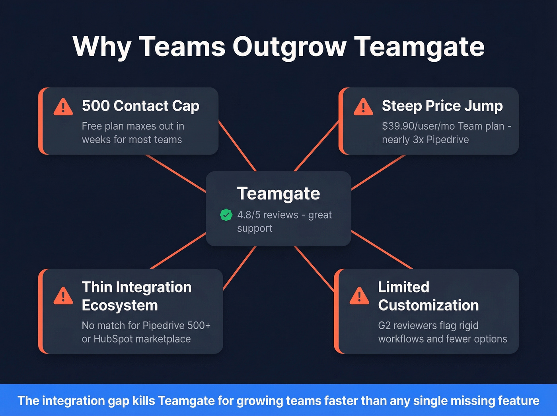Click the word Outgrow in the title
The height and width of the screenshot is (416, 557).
tap(289, 47)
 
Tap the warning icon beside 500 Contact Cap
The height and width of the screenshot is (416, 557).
tap(63, 107)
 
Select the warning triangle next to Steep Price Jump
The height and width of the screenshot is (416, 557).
tap(363, 107)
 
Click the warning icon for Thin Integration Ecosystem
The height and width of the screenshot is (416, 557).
tap(63, 296)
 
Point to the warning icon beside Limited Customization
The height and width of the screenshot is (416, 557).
tap(359, 296)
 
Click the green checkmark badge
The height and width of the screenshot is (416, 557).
tap(226, 215)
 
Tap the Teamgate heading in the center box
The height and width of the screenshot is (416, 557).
tap(278, 193)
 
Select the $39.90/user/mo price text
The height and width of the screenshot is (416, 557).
tap(418, 126)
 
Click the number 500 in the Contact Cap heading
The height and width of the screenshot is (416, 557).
tap(95, 106)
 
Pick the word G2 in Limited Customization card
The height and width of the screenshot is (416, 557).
tap(384, 326)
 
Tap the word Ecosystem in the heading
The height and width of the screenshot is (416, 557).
tap(120, 305)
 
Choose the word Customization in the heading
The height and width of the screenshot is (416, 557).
tap(428, 305)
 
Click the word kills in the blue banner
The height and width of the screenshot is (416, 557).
tap(143, 400)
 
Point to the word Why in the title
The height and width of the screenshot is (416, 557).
tap(102, 47)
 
